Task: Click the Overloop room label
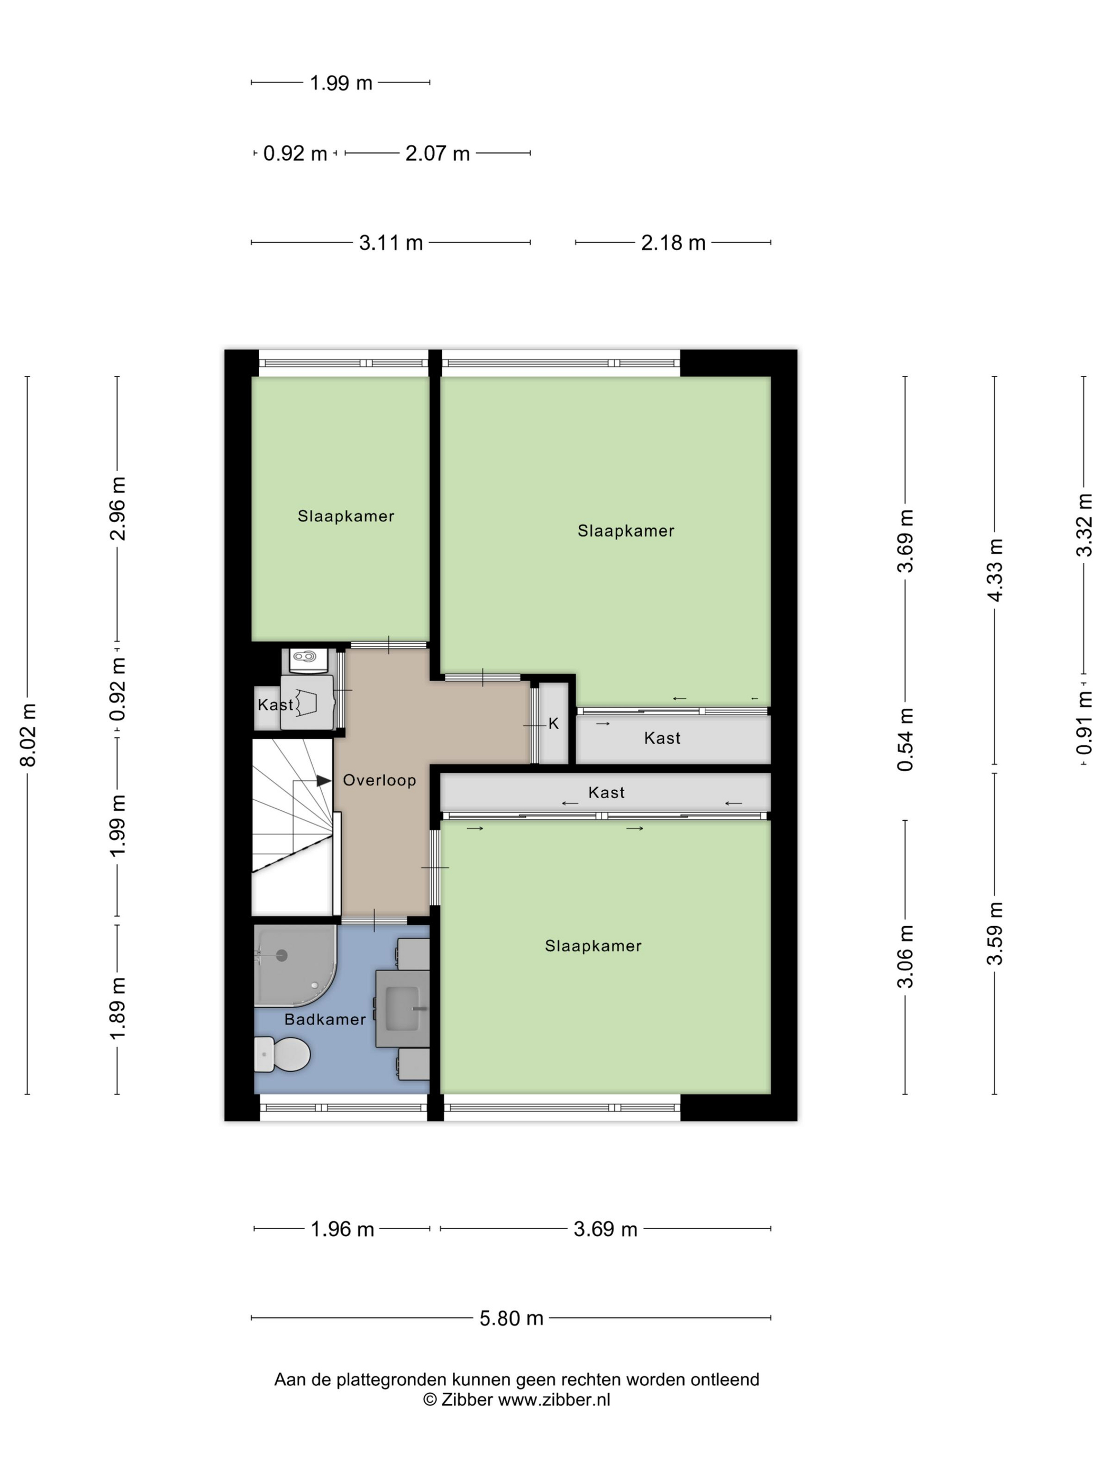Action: (379, 780)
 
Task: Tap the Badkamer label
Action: (325, 1019)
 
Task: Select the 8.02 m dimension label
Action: (28, 735)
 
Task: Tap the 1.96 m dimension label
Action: (342, 1229)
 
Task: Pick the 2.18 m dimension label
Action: (673, 242)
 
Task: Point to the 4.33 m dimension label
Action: (995, 570)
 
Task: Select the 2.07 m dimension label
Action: (438, 153)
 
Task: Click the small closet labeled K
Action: (554, 723)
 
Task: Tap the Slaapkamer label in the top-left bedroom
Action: (346, 516)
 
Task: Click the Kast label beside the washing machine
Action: (275, 705)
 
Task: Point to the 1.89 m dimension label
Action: (118, 1009)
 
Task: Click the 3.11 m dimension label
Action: (391, 242)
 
